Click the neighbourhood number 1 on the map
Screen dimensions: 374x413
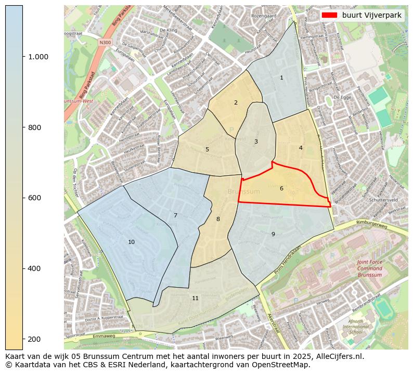[281, 78]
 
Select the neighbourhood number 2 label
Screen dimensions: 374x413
[236, 103]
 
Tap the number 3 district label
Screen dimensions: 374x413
[256, 142]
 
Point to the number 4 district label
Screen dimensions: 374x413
[301, 148]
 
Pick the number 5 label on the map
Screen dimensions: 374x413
[207, 150]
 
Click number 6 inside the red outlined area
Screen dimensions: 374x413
[281, 189]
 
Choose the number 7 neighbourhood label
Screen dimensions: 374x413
[175, 216]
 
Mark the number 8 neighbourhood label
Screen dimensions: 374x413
[218, 220]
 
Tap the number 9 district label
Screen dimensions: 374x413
[273, 235]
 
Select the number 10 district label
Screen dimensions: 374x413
[131, 242]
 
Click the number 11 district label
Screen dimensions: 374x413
[195, 299]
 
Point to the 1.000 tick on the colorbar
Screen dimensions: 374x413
[38, 57]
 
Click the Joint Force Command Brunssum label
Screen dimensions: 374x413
[369, 268]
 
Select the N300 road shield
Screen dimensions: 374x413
[106, 42]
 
